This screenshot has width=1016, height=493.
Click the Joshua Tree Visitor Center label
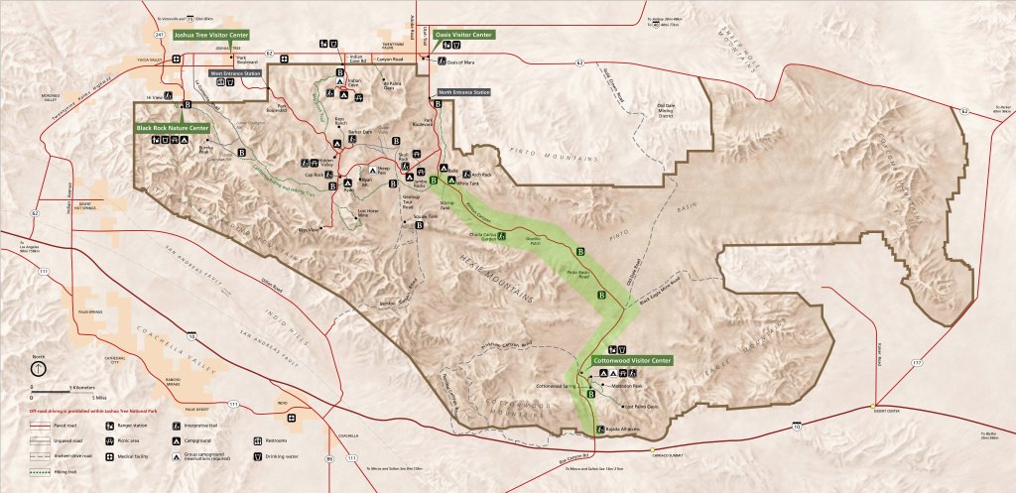click(x=209, y=34)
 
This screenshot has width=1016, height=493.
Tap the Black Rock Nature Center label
click(x=173, y=128)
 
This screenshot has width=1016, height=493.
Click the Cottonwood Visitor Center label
click(x=632, y=360)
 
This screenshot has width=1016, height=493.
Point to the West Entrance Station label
click(x=235, y=73)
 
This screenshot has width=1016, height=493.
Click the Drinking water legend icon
click(x=259, y=455)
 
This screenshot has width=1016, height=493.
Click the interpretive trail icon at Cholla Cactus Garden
click(x=503, y=236)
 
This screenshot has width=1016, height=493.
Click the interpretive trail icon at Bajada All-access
click(x=598, y=429)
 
